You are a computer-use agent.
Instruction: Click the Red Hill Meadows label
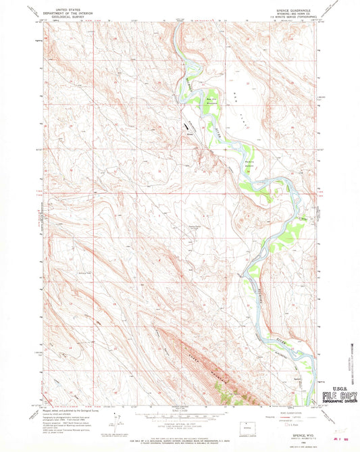211,99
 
